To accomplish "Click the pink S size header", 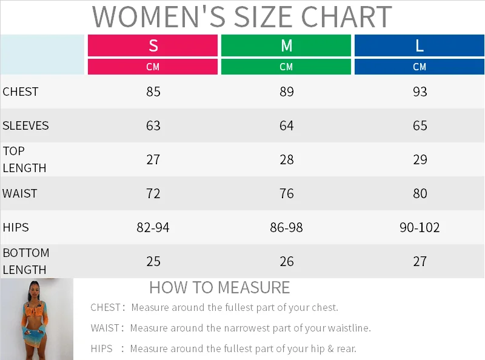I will point(153,45).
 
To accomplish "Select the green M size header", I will point(286,45).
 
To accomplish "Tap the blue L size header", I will point(420,45).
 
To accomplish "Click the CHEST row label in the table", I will point(21,92).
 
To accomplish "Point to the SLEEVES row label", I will point(25,126).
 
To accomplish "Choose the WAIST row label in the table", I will point(20,194).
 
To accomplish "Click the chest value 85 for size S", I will point(153,92).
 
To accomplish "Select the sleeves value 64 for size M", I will point(287,126).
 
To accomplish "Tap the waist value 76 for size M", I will point(287,194).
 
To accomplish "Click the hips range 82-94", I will point(153,228).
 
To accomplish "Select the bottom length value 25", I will point(153,262).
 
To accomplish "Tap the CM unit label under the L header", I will point(420,67).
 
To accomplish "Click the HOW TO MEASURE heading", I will point(219,287).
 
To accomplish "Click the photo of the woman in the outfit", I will point(36,319).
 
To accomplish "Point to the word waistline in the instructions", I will point(346,328).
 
